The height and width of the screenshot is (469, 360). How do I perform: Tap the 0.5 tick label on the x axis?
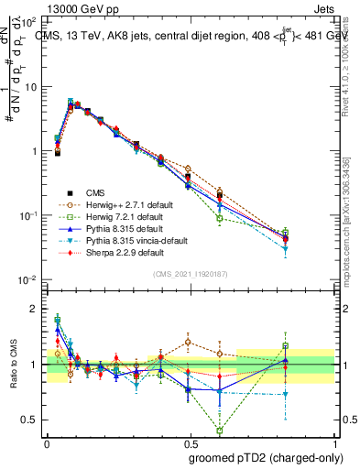click(x=190, y=441)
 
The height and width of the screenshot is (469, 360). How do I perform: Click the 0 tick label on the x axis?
click(x=47, y=441)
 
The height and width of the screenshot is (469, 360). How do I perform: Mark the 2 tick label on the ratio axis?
click(x=35, y=309)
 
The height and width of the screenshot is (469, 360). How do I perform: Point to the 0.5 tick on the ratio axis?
click(x=30, y=420)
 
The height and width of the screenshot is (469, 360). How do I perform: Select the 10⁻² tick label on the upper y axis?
click(x=27, y=279)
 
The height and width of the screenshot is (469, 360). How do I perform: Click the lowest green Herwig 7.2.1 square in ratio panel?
click(x=219, y=430)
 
